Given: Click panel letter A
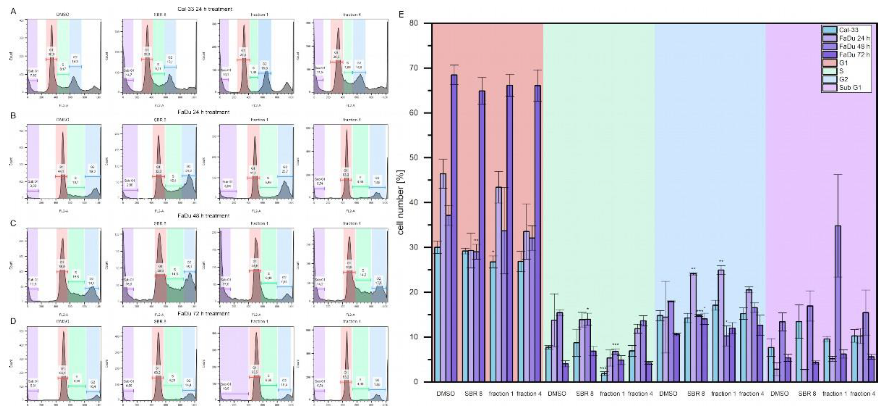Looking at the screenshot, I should point(13,11).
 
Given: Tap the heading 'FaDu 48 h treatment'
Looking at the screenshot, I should point(204,216).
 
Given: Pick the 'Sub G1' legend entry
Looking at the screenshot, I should point(850,88).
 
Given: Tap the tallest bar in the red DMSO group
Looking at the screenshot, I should point(454,226).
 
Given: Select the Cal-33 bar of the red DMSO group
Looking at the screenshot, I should point(437,314).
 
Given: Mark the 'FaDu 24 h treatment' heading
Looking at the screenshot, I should point(204,112).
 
